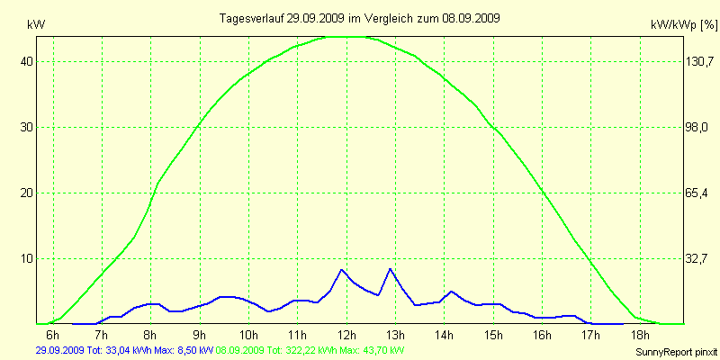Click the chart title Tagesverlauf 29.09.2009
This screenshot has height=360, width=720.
click(360, 18)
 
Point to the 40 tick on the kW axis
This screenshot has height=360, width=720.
click(27, 61)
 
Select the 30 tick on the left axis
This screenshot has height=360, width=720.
click(27, 127)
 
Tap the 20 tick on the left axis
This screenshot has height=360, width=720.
click(27, 193)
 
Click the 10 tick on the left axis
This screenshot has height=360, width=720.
click(27, 258)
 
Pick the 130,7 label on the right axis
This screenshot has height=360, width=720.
click(696, 61)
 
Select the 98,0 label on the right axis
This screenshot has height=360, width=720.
click(696, 127)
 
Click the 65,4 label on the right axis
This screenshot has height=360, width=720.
click(696, 193)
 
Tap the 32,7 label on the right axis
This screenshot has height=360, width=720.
click(696, 258)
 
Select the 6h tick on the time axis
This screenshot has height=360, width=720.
click(53, 336)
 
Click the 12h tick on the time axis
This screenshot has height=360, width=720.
click(346, 336)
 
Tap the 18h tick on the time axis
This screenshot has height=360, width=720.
click(640, 336)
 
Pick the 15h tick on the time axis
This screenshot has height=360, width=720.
click(493, 336)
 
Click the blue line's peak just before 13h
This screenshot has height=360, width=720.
click(390, 269)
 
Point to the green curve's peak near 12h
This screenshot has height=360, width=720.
click(346, 37)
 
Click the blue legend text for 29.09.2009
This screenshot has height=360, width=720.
click(124, 349)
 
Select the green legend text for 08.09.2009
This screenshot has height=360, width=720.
click(310, 349)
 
